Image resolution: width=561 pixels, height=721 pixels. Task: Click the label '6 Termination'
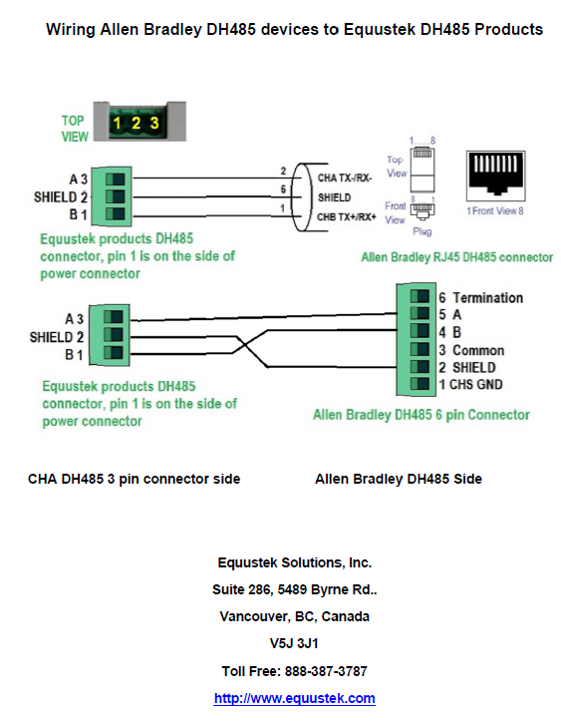(480, 297)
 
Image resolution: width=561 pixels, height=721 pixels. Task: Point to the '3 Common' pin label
(471, 350)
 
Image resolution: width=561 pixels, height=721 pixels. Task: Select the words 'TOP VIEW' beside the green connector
(75, 127)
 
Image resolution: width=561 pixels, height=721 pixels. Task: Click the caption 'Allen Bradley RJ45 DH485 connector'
(456, 257)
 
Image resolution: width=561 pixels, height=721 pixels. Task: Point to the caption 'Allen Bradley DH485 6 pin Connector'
(421, 414)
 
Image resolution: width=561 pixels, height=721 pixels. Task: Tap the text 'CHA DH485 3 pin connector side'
(135, 479)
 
